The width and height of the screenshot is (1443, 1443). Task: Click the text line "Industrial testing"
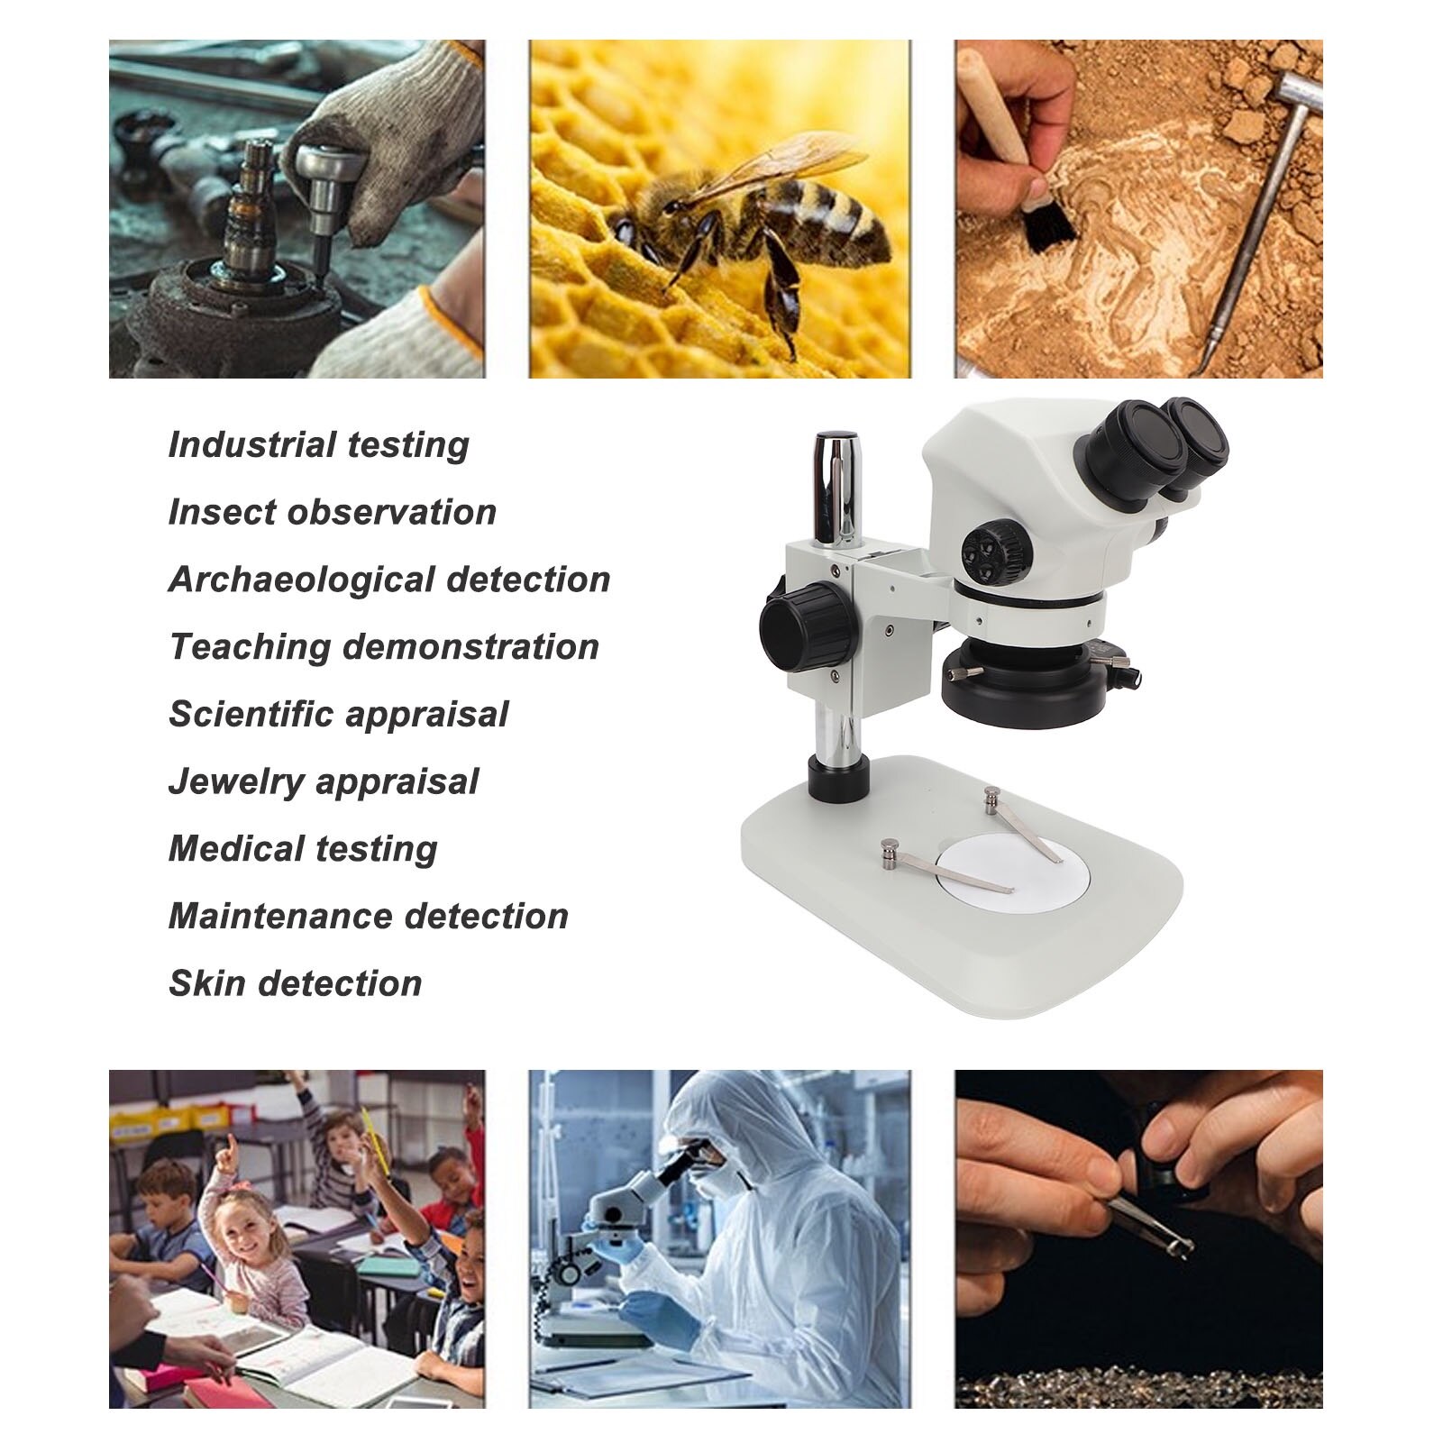(x=318, y=445)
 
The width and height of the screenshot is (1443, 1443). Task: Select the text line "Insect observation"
(x=332, y=512)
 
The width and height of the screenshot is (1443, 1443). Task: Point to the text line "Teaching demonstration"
(x=384, y=647)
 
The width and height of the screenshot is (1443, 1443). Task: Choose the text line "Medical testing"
(x=303, y=849)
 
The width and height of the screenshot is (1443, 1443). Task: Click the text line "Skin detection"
(x=295, y=983)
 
